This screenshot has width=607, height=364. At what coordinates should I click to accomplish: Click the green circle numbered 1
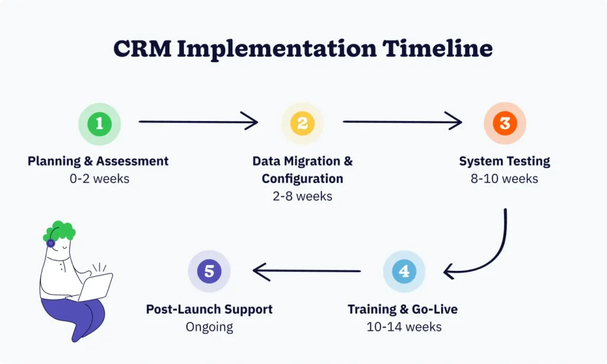100,123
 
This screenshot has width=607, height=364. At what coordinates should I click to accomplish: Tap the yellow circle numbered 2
302,123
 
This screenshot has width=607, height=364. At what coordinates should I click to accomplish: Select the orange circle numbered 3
504,123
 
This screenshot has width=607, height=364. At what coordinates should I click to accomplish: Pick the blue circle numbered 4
404,272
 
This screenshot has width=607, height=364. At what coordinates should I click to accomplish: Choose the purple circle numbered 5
209,272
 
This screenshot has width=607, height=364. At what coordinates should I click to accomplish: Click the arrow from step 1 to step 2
197,122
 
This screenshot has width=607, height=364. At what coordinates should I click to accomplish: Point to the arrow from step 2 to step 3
402,122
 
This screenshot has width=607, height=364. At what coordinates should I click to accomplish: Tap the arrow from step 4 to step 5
306,271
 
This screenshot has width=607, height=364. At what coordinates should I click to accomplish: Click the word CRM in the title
142,49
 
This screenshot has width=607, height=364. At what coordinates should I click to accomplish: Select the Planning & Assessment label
98,161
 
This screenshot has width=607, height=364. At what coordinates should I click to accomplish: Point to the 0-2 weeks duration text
98,178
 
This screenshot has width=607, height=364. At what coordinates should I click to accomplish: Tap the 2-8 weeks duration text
302,196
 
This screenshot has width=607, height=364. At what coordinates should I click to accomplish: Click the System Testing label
504,161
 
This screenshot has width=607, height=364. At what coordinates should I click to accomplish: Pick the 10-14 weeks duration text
403,327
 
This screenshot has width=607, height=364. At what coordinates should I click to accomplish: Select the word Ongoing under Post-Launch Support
209,327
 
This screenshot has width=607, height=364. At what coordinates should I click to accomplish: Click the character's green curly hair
59,231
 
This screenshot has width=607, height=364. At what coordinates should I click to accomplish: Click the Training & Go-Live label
403,309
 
